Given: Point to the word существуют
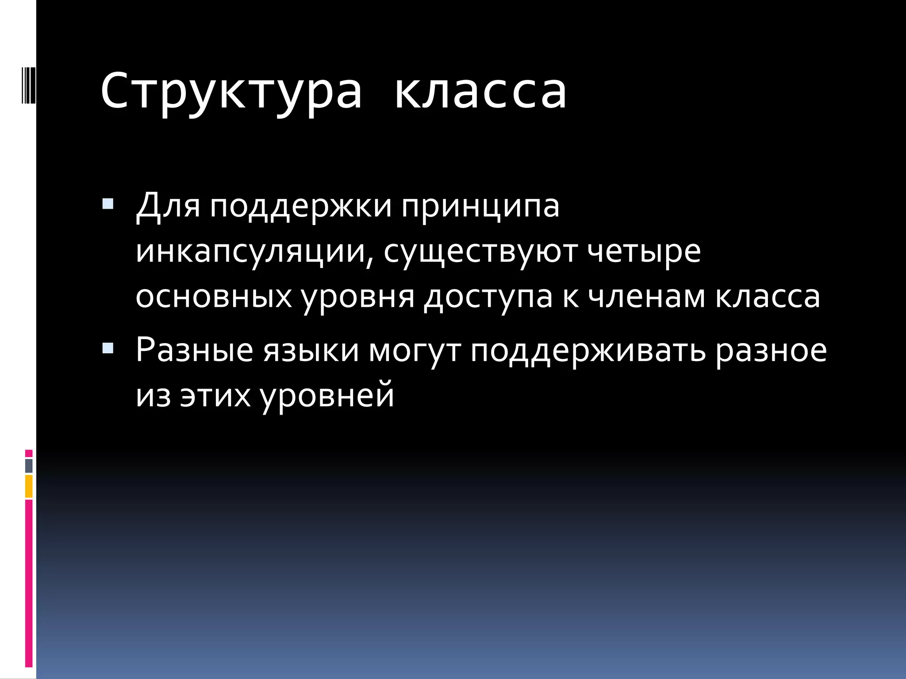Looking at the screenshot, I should point(480,252).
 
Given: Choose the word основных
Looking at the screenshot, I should point(214,297).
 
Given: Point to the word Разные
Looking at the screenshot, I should point(195,350).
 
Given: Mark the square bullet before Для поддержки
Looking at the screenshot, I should point(107,204).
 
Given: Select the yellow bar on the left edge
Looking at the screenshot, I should point(29,486).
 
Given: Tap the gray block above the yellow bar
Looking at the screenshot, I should point(29,465).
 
